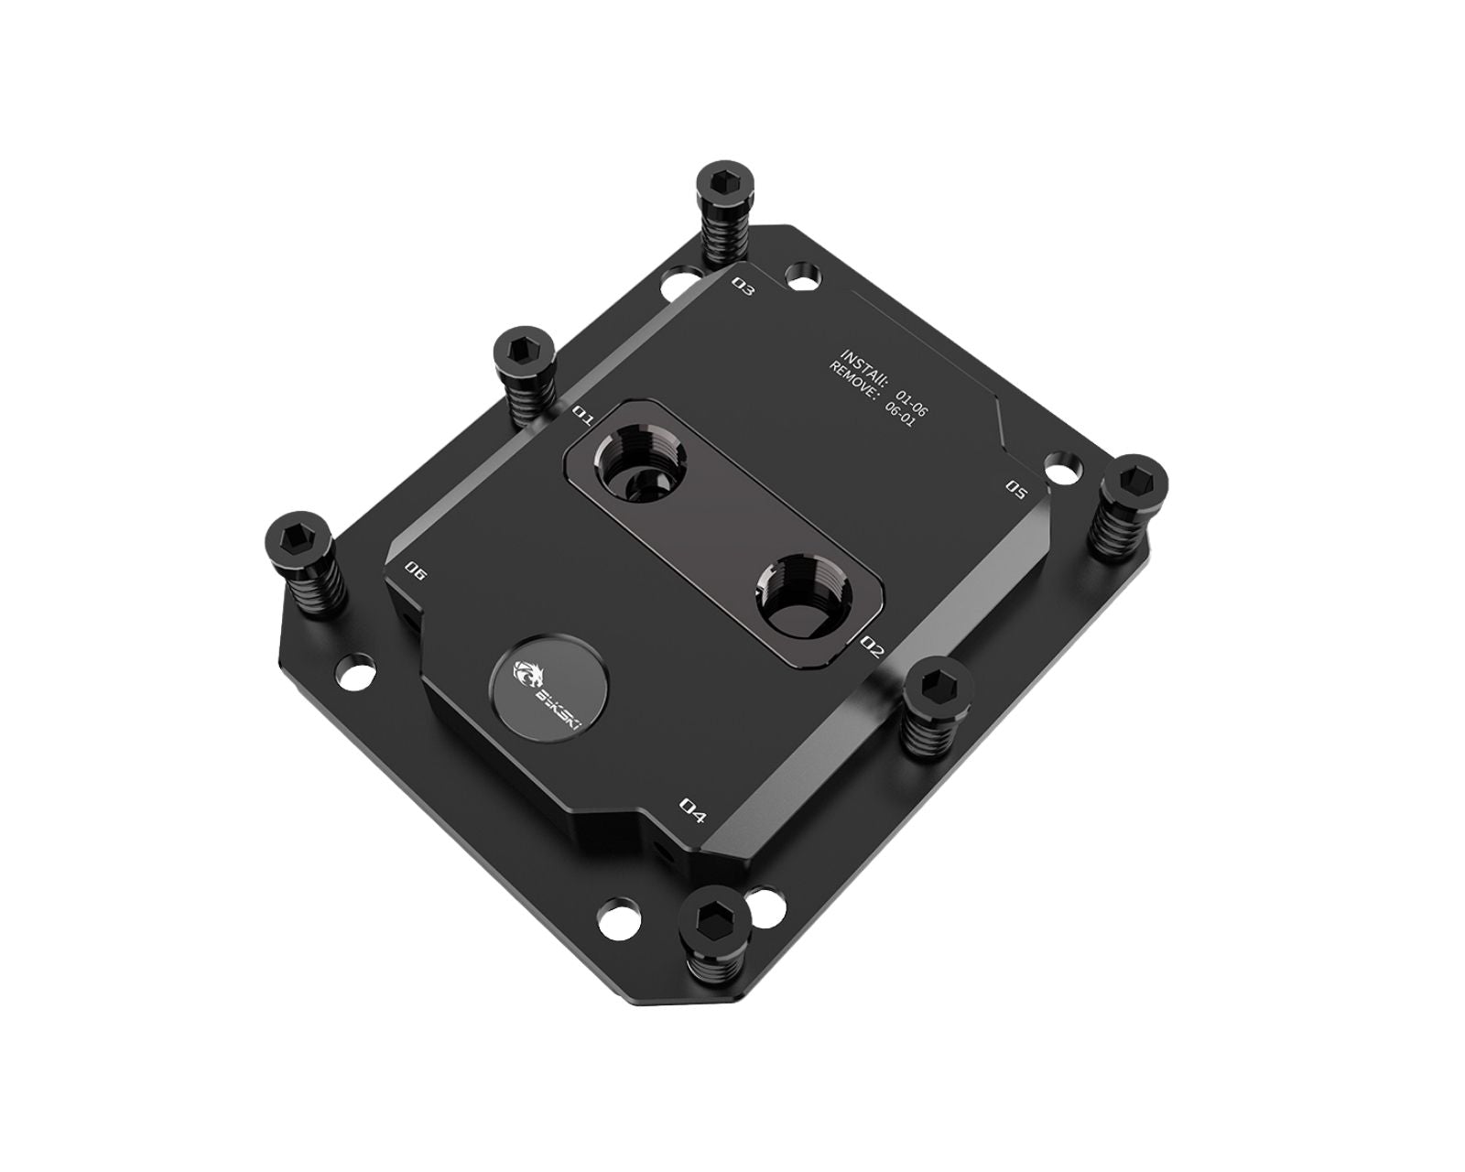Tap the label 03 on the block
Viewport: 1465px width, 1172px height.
click(743, 288)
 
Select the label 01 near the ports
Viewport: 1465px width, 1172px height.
click(582, 415)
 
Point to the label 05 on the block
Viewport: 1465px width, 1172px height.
click(1015, 487)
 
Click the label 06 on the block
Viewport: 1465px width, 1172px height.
click(416, 572)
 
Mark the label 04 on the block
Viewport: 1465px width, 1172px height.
click(693, 808)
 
